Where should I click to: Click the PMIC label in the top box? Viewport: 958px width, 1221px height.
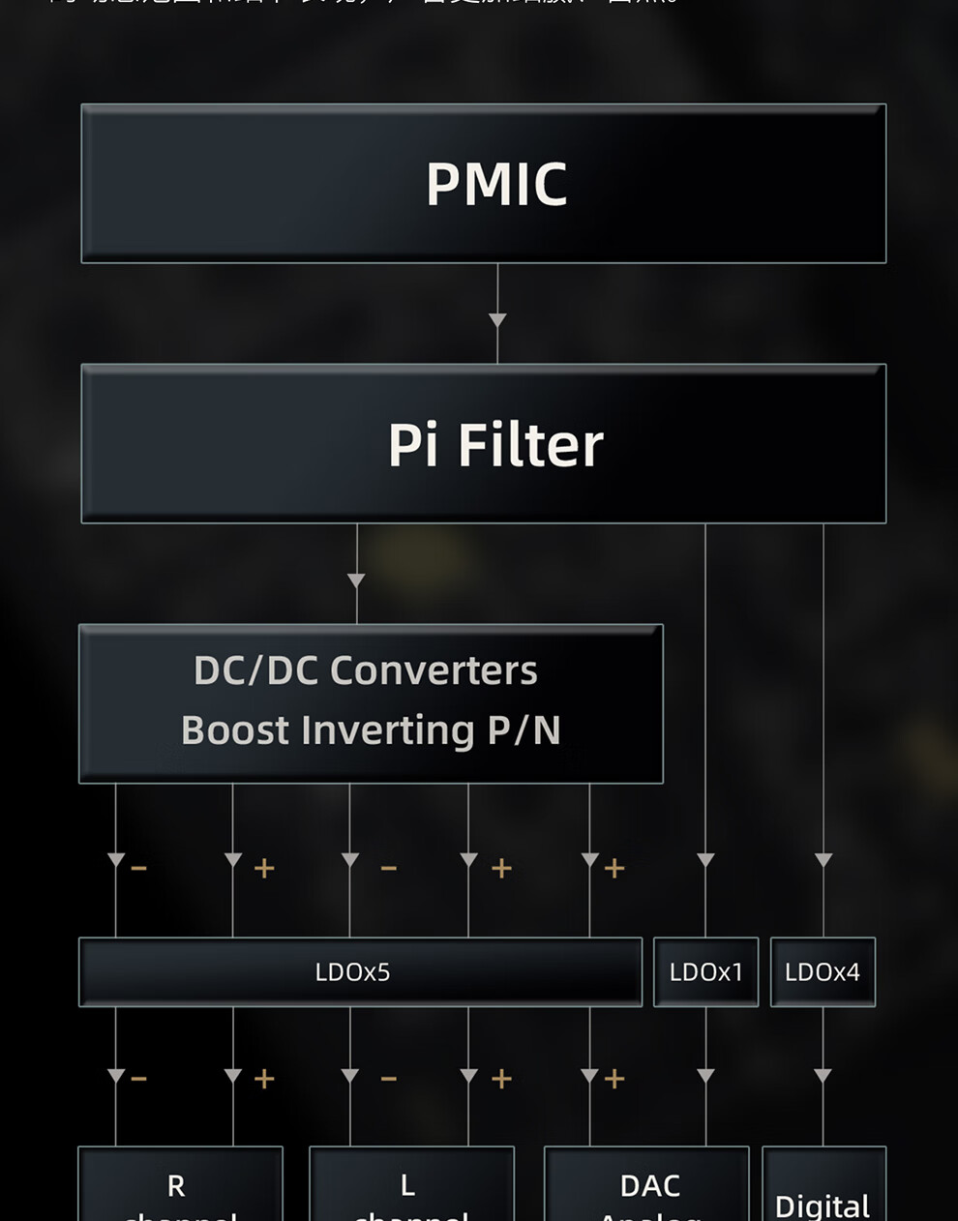tap(496, 184)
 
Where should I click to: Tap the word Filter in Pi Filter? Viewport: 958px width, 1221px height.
tap(529, 445)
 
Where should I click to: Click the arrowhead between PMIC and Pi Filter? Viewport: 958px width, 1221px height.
tap(497, 320)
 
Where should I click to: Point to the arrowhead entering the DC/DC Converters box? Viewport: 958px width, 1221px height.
tap(356, 581)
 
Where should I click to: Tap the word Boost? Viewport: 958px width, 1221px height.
tap(235, 730)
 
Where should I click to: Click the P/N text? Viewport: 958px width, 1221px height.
tap(524, 730)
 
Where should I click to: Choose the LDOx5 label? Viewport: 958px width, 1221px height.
tap(352, 972)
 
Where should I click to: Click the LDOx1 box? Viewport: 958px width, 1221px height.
tap(705, 972)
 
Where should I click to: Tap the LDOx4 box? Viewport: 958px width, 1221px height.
tap(823, 972)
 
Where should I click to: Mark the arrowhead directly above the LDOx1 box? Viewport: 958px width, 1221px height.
tap(705, 860)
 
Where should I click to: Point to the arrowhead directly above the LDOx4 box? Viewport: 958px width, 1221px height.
tap(823, 860)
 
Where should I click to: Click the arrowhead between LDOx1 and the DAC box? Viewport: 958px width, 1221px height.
tap(705, 1076)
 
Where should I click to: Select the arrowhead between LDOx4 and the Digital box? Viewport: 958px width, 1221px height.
tap(823, 1076)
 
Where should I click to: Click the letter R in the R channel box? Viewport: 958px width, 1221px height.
tap(176, 1185)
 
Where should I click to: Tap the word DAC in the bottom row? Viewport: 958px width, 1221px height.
tap(649, 1185)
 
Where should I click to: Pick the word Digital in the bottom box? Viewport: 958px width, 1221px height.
tap(823, 1206)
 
